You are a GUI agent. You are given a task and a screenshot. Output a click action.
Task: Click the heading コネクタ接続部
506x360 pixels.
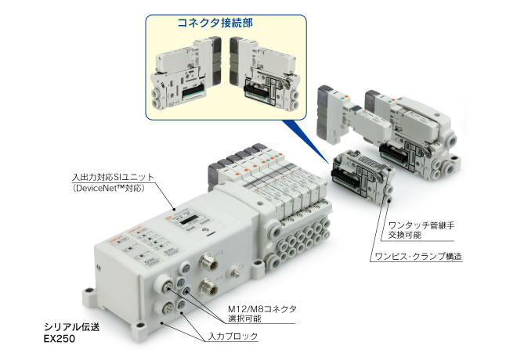click(x=215, y=23)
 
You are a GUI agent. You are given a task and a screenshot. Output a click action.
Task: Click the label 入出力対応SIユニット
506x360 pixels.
click(x=113, y=177)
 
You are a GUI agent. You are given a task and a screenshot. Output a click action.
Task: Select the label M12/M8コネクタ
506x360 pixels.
click(x=262, y=309)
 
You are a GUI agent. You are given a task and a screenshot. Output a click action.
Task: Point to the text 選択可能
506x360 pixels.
click(x=244, y=319)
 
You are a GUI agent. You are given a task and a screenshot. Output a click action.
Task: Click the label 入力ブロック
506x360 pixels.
click(x=233, y=337)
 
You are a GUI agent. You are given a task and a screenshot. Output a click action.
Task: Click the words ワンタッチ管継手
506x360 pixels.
click(x=421, y=225)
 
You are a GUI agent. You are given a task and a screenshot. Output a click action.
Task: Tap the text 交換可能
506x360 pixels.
click(x=405, y=235)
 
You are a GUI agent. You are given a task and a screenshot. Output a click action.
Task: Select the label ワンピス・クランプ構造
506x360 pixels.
click(x=418, y=257)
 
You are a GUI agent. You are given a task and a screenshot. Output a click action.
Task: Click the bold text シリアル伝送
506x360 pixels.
click(x=71, y=327)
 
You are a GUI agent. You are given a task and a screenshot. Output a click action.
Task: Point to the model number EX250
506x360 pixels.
click(x=60, y=338)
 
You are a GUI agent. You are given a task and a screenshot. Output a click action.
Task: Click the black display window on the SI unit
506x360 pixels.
click(x=189, y=221)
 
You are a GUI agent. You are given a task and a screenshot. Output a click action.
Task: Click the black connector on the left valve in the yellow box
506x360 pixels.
click(x=193, y=93)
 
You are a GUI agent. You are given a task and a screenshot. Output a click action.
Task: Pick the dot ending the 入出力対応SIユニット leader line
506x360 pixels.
click(x=175, y=208)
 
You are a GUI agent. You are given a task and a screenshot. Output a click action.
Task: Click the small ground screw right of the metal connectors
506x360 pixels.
click(x=236, y=274)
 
